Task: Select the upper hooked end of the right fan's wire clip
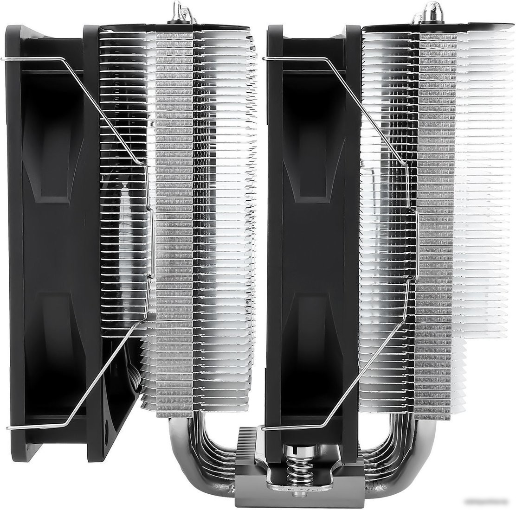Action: point(265,58)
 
